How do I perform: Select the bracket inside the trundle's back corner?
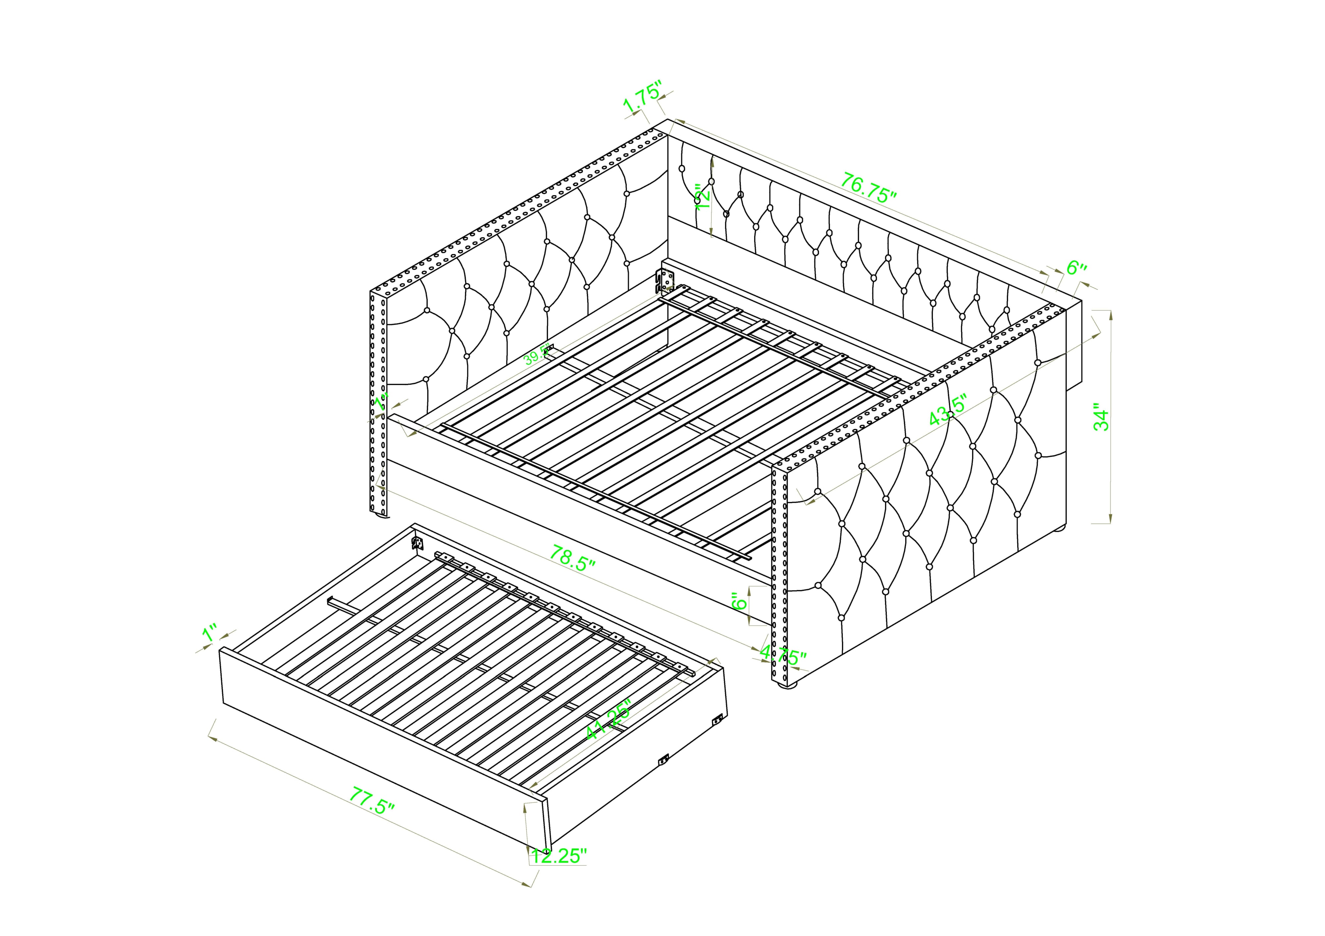(x=417, y=543)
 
